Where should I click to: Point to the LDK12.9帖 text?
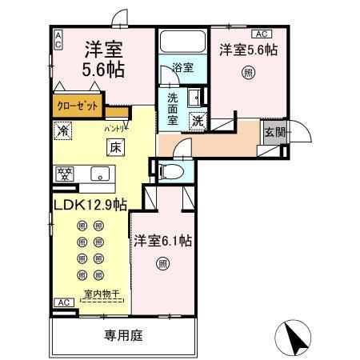coord(90,206)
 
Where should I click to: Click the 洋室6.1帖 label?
coord(162,239)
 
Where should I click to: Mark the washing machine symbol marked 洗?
coord(196,122)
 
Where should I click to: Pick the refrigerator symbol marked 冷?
coord(62,128)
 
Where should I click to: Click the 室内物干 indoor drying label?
coord(101,294)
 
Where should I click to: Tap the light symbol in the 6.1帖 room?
coord(162,262)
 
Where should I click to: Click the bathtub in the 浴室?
coord(182,42)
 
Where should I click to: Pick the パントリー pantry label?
coord(115,127)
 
